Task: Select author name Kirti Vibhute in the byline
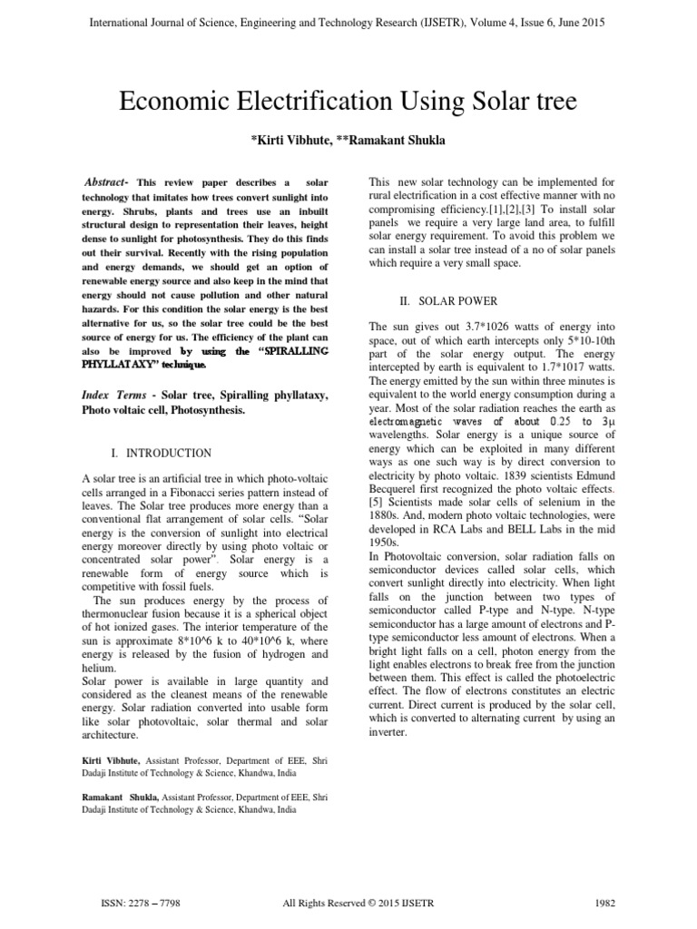(293, 141)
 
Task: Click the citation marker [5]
(377, 503)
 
